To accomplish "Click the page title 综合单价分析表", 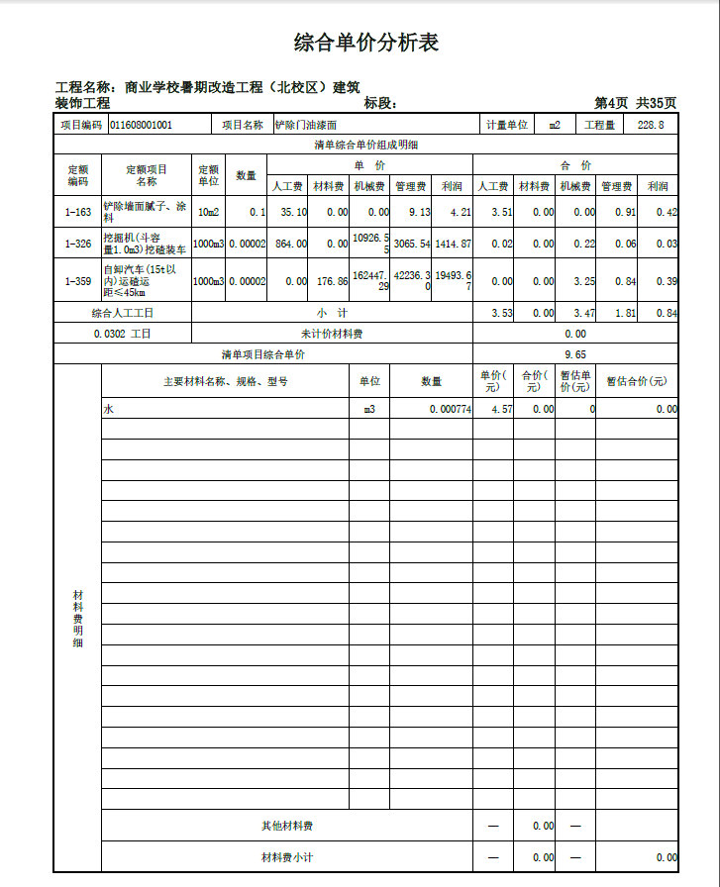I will pyautogui.click(x=365, y=43).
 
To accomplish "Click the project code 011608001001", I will pyautogui.click(x=141, y=126).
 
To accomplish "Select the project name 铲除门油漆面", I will pyautogui.click(x=306, y=126).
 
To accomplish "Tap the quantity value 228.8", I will pyautogui.click(x=651, y=126).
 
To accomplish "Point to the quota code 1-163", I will pyautogui.click(x=77, y=213).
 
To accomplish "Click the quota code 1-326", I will pyautogui.click(x=77, y=244).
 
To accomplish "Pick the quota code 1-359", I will pyautogui.click(x=77, y=282).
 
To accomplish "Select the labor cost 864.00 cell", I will pyautogui.click(x=290, y=244).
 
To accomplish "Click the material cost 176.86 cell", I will pyautogui.click(x=330, y=282).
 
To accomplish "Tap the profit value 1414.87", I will pyautogui.click(x=453, y=244).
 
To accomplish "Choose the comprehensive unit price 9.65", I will pyautogui.click(x=575, y=354).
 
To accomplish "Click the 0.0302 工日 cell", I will pyautogui.click(x=123, y=334).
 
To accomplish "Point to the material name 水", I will pyautogui.click(x=108, y=409).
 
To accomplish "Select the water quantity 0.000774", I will pyautogui.click(x=450, y=409).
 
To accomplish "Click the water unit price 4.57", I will pyautogui.click(x=495, y=409).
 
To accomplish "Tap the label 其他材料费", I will pyautogui.click(x=287, y=826).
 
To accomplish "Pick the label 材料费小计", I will pyautogui.click(x=287, y=857).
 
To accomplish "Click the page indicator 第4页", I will pyautogui.click(x=611, y=103).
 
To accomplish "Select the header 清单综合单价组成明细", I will pyautogui.click(x=365, y=146).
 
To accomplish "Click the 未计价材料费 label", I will pyautogui.click(x=332, y=334).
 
